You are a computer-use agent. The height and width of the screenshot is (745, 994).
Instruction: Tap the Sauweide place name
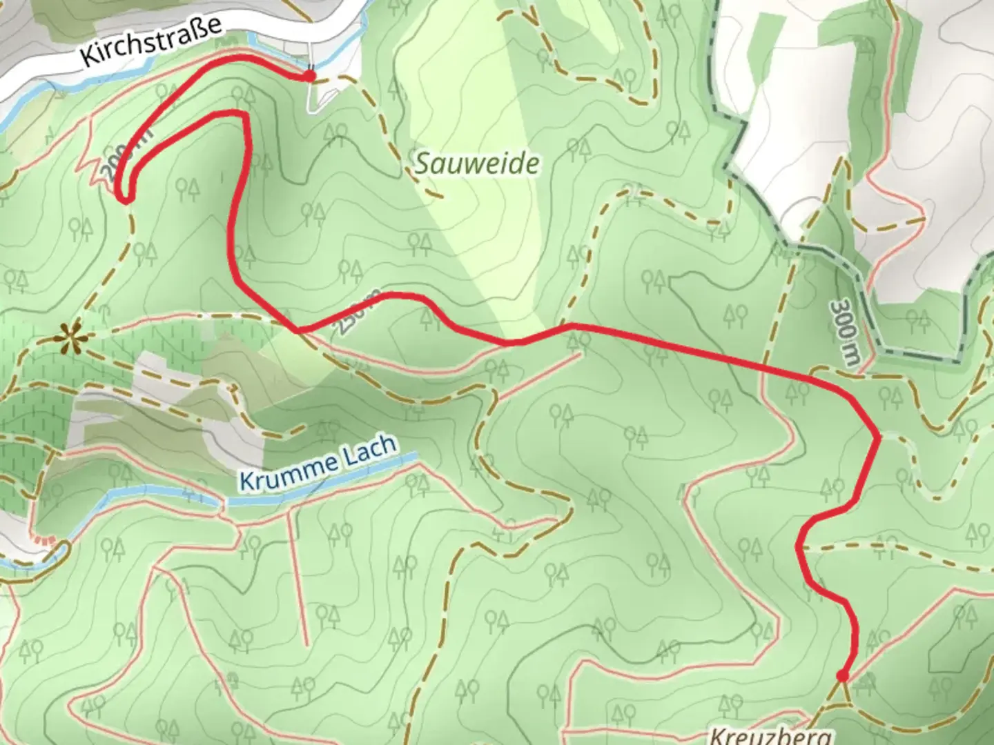click(x=477, y=164)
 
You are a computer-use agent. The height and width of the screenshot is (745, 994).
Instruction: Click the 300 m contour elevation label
click(x=844, y=335)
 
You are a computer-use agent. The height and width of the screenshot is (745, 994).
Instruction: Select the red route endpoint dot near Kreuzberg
click(x=841, y=675)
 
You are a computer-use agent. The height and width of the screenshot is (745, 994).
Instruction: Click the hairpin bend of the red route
click(x=124, y=197)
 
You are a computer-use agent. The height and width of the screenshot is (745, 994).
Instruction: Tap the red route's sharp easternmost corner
click(x=877, y=437)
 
